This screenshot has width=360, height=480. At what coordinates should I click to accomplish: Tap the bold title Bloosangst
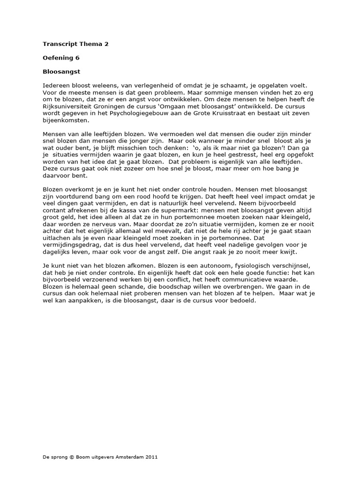coord(59,73)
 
